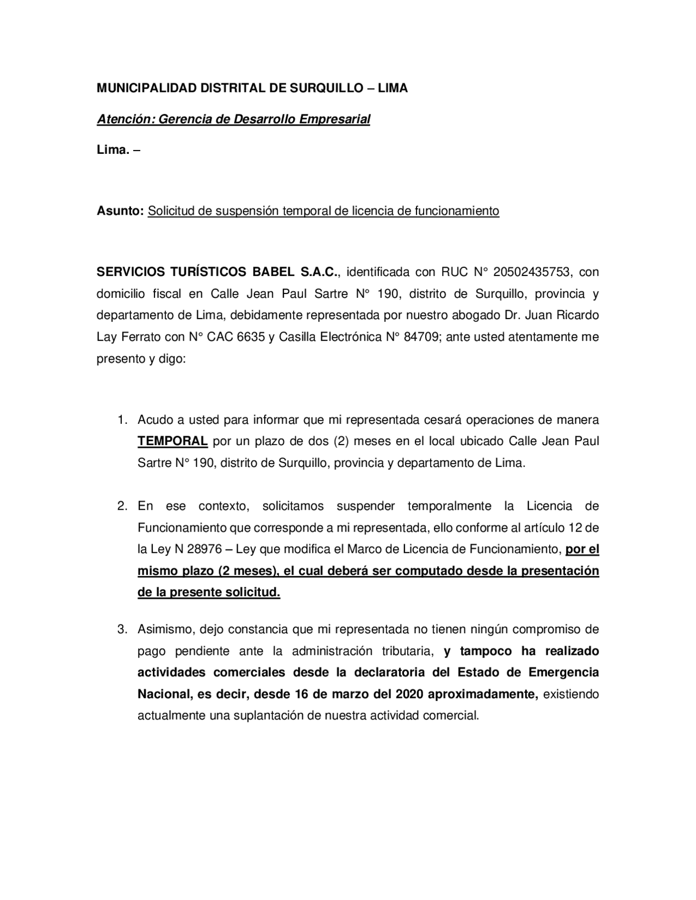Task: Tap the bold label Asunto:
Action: (120, 211)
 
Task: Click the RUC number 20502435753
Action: (531, 272)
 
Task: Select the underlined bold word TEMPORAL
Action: (172, 441)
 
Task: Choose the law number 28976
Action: (204, 549)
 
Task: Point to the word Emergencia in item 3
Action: (563, 673)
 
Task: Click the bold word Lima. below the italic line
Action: (113, 150)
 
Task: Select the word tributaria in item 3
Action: (407, 651)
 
